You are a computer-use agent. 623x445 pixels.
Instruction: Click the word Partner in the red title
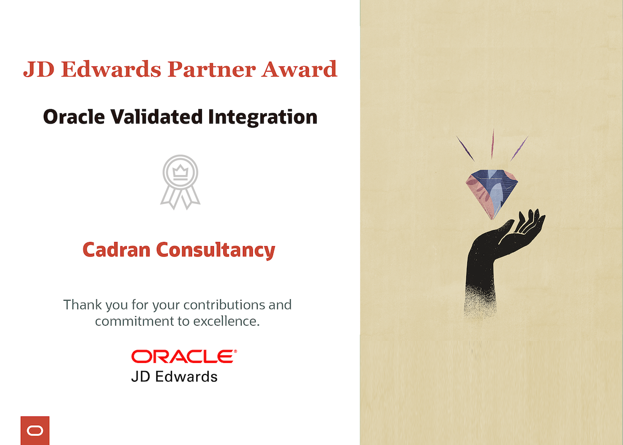point(212,69)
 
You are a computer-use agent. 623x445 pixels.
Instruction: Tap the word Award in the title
point(299,69)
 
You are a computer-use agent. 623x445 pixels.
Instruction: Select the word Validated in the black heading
point(157,117)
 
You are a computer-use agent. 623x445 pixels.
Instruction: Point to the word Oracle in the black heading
point(74,117)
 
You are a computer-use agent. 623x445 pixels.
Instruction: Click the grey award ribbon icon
point(180,182)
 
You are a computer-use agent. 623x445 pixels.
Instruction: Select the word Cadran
point(116,249)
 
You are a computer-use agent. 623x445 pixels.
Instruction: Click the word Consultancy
point(216,251)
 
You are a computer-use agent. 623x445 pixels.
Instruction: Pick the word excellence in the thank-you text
point(227,321)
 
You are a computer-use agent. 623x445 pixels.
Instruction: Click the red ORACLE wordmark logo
point(184,356)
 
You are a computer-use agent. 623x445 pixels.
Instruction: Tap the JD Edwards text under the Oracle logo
point(174,377)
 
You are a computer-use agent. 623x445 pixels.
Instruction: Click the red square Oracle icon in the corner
point(35,430)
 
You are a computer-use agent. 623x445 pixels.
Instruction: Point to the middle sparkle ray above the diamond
point(493,143)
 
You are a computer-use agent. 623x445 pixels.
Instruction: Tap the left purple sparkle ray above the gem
point(465,148)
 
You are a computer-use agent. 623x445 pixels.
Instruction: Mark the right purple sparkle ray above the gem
point(519,148)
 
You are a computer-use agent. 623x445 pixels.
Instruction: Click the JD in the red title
point(38,69)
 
